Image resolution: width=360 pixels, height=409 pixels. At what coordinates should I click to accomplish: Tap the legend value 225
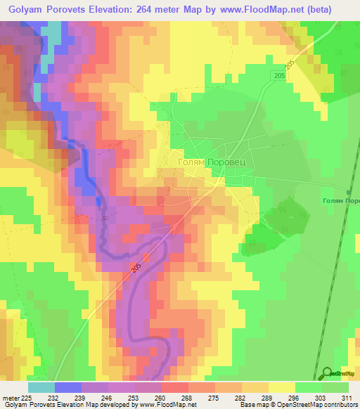click(27, 398)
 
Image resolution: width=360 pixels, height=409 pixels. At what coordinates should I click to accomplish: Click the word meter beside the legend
click(11, 398)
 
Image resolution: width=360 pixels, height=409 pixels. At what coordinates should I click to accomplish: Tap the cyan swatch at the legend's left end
click(41, 387)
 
